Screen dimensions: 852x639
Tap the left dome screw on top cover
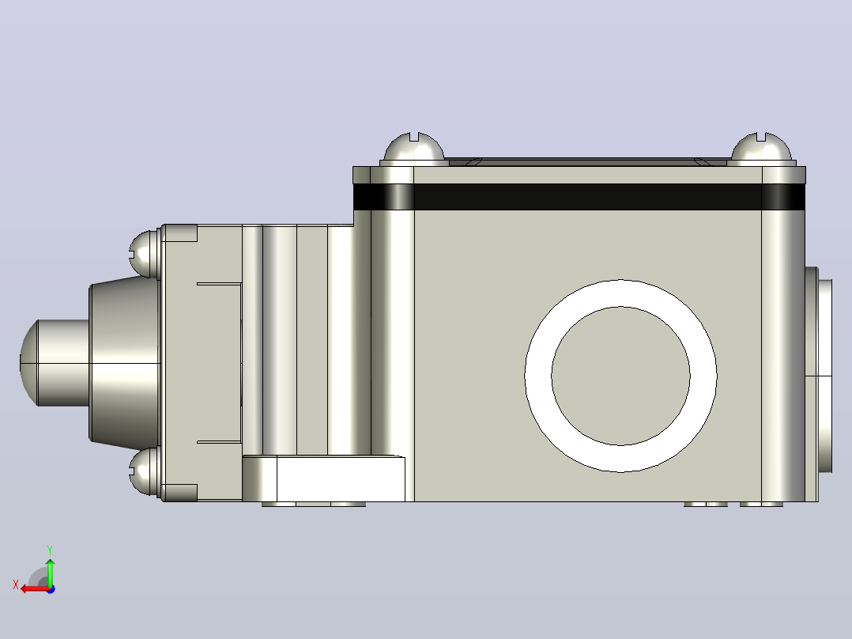coord(414,147)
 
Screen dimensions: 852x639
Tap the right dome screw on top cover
coord(760,147)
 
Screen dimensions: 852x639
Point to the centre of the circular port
coord(620,376)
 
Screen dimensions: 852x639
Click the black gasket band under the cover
coord(579,196)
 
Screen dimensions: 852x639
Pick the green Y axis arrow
coord(50,572)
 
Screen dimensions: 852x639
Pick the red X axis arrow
coord(36,589)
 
